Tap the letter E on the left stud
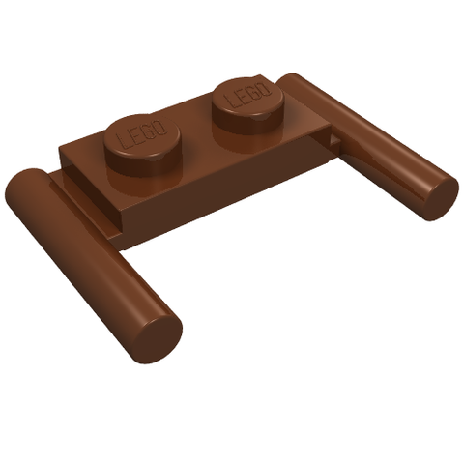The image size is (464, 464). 135,136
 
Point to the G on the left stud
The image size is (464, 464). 148,131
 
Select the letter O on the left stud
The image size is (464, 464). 160,127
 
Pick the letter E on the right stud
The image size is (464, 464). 243,96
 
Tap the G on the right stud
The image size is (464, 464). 254,91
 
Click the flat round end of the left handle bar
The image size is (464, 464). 158,336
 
